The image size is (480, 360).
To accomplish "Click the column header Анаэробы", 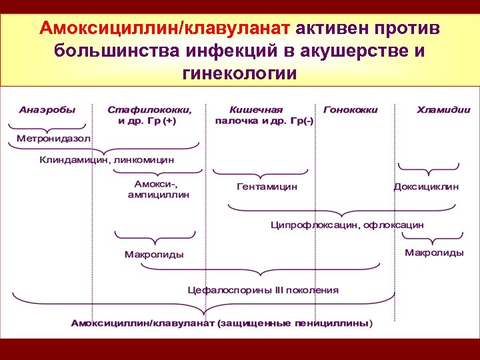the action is [x=47, y=109].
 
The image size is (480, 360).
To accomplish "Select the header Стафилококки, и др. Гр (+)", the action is [x=150, y=115].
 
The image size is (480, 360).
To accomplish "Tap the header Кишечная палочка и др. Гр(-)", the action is [x=265, y=115].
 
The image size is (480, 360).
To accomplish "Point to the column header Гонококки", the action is [x=350, y=109].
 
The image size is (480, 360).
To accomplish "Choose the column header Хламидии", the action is [x=443, y=109].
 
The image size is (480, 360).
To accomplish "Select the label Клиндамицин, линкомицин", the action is [x=107, y=160].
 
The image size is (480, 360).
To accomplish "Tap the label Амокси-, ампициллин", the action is [x=159, y=189].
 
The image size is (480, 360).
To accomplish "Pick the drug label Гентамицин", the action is [x=267, y=187].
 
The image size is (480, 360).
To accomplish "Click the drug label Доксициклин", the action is [x=426, y=187].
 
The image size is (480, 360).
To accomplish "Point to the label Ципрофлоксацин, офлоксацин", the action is [x=347, y=225].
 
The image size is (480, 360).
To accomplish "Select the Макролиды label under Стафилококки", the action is [x=154, y=255].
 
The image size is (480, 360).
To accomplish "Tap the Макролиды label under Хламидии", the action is [x=434, y=253].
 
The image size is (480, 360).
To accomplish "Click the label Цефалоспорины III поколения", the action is [x=262, y=290].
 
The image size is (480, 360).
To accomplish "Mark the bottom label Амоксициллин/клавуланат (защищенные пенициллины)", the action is [x=222, y=323].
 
